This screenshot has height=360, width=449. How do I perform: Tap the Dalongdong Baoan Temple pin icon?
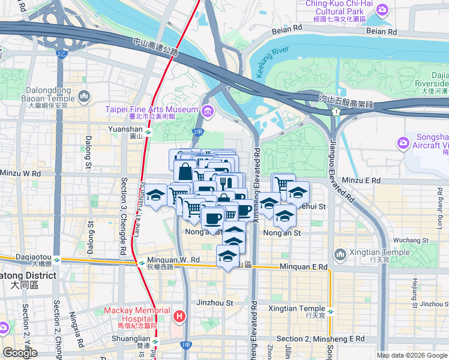pyautogui.click(x=84, y=95)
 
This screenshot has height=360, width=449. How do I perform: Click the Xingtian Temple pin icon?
pyautogui.click(x=340, y=255)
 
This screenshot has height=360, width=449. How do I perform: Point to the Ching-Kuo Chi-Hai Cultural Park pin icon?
pyautogui.click(x=384, y=10)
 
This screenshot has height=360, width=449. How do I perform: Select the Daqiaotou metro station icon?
pyautogui.click(x=56, y=260)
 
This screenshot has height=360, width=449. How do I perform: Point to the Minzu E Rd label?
pyautogui.click(x=360, y=180)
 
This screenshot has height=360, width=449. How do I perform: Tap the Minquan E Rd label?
pyautogui.click(x=303, y=266)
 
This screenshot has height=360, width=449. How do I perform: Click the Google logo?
pyautogui.click(x=20, y=353)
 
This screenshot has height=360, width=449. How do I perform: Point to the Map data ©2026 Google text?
pyautogui.click(x=412, y=355)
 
